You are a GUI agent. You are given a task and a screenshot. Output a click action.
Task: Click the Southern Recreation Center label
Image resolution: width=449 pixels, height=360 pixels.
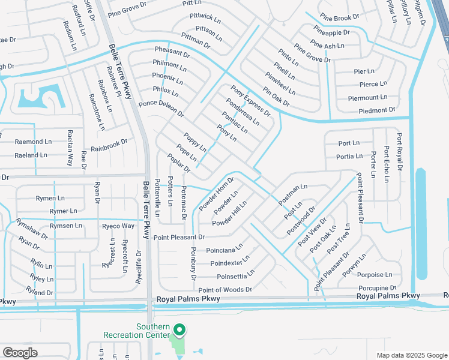point(152,330)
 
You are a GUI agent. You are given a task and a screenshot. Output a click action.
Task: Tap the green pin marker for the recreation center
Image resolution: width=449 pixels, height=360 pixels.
point(179,329)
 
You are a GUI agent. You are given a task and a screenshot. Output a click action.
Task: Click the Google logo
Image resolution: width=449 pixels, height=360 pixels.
point(20,353)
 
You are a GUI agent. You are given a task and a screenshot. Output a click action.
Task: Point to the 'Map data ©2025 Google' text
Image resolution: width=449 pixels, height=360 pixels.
point(411,355)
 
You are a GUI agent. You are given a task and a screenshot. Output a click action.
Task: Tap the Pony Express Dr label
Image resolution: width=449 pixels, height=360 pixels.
point(251,101)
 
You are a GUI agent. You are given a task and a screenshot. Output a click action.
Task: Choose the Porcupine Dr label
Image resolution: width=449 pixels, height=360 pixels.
point(376,289)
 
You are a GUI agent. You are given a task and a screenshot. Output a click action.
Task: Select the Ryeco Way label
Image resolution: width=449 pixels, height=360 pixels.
point(118,226)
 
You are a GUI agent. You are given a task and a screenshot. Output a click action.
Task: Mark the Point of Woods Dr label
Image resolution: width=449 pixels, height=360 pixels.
point(226,290)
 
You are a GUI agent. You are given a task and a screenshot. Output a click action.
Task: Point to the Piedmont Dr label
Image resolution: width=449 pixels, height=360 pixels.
point(377,110)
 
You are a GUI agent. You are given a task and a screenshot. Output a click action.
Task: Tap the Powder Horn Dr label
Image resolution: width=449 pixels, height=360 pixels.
point(216,194)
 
